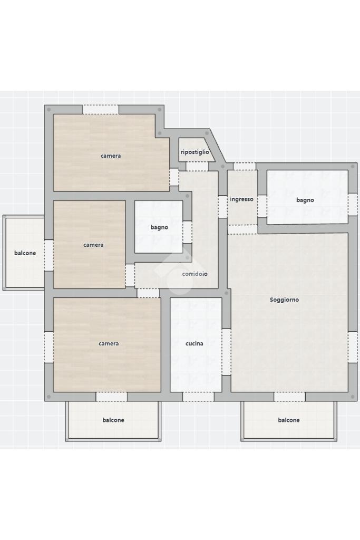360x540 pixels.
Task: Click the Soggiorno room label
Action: click(284, 300)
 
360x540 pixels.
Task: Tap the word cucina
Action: click(194, 343)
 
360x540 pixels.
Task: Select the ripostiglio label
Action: click(195, 152)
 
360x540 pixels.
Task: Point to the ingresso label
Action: click(241, 199)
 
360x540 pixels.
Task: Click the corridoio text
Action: click(195, 274)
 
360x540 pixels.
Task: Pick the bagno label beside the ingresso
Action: click(305, 200)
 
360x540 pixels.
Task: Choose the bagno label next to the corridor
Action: click(159, 227)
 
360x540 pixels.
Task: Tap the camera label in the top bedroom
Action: click(111, 156)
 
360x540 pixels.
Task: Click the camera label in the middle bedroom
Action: click(93, 245)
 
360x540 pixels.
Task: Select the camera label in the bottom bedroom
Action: click(109, 343)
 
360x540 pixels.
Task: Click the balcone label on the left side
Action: click(25, 253)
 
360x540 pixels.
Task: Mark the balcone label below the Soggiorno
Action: click(289, 420)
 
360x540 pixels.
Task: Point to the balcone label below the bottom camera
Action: click(113, 420)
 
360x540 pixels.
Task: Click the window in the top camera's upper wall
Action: click(101, 110)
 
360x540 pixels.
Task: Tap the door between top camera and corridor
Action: click(174, 177)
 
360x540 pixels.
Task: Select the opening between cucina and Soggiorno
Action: click(226, 352)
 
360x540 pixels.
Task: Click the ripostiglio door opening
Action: click(197, 166)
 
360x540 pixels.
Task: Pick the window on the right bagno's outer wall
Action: click(353, 205)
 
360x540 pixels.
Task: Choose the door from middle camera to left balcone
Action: click(49, 255)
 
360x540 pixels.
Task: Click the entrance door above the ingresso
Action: click(245, 166)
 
